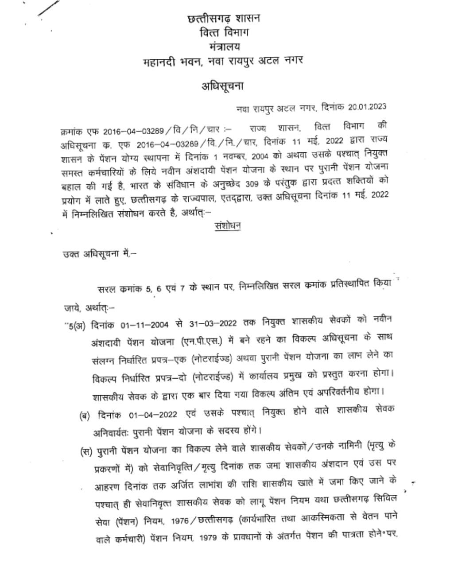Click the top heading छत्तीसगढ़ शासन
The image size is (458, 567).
click(x=224, y=19)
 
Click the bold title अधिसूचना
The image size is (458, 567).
click(x=223, y=86)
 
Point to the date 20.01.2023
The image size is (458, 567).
click(x=367, y=107)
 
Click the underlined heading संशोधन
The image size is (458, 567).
click(x=227, y=226)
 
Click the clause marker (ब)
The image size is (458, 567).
click(x=84, y=416)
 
